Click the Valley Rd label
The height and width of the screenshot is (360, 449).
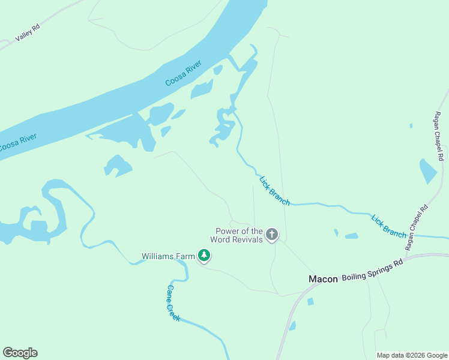[27, 35]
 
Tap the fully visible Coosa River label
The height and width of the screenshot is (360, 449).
[183, 74]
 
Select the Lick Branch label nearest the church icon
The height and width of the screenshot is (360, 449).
[274, 191]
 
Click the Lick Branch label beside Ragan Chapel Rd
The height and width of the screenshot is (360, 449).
[388, 226]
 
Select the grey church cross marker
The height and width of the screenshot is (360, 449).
[272, 235]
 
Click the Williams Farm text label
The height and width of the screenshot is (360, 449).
[168, 256]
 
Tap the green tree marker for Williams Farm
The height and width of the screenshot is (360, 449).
[204, 256]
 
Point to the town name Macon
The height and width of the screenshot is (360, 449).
[323, 279]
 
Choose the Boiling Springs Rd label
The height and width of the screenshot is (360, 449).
[372, 271]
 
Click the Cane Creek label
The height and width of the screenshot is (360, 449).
[173, 303]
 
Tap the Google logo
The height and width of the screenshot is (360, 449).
[20, 353]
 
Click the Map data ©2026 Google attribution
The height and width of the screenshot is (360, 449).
[411, 355]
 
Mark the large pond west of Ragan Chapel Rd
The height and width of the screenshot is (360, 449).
[428, 171]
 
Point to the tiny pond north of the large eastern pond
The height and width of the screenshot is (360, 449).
[411, 126]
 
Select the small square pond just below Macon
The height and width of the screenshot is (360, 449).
[310, 302]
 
